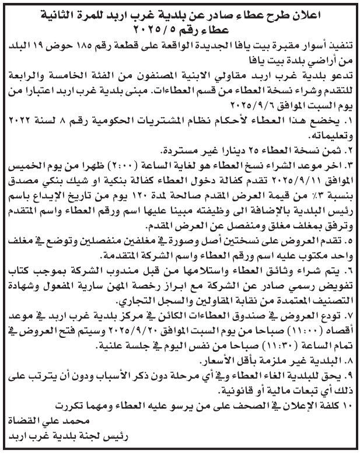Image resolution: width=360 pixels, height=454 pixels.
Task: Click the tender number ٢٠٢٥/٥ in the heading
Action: (x=139, y=27)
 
